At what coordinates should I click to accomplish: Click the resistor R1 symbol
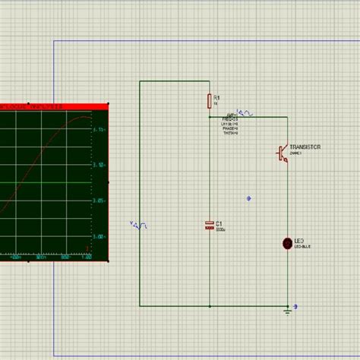click(x=209, y=102)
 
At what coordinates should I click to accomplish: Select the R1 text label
click(x=216, y=98)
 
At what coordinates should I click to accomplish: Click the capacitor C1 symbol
click(x=209, y=225)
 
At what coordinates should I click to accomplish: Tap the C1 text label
click(x=219, y=224)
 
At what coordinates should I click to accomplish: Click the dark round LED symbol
click(x=287, y=243)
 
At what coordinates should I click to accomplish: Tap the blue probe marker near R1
click(x=246, y=112)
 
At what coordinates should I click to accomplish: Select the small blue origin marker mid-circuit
click(x=249, y=199)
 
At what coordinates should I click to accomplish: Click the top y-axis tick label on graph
click(x=99, y=130)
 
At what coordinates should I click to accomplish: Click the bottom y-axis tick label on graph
click(x=99, y=236)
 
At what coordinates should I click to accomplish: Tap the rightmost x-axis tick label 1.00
click(x=87, y=257)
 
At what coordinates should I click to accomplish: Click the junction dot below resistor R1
click(x=209, y=118)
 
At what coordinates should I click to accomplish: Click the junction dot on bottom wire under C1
click(x=209, y=305)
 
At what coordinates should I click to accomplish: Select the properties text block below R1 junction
click(x=230, y=125)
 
